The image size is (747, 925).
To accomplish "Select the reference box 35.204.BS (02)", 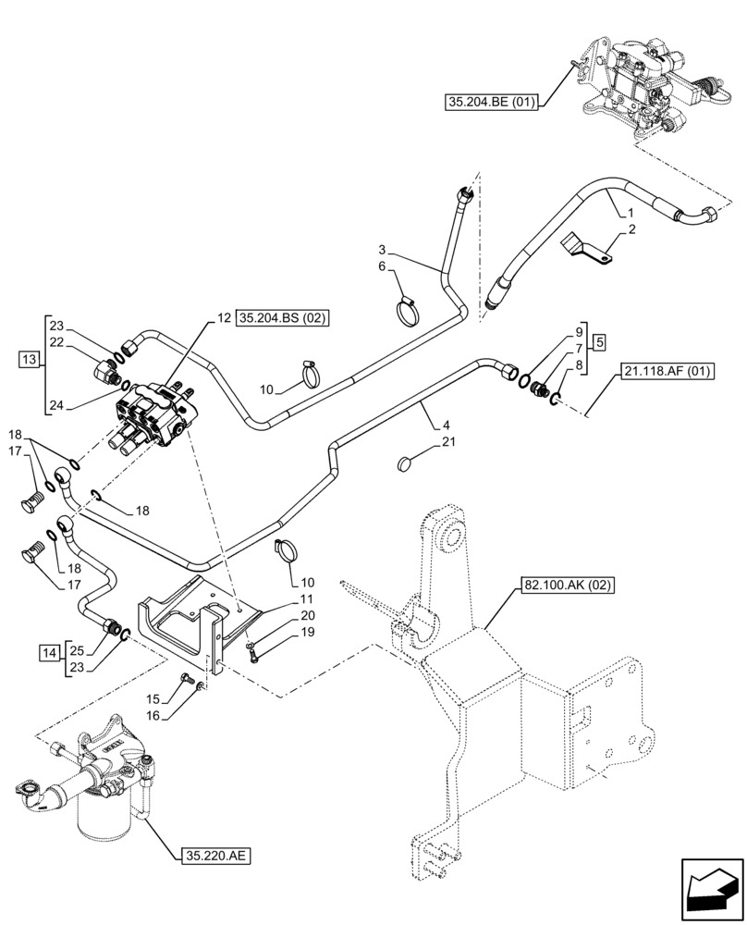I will click(x=284, y=319).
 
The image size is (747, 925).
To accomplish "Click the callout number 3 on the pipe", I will click(x=382, y=250).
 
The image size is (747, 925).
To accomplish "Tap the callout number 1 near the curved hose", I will click(x=631, y=211).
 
